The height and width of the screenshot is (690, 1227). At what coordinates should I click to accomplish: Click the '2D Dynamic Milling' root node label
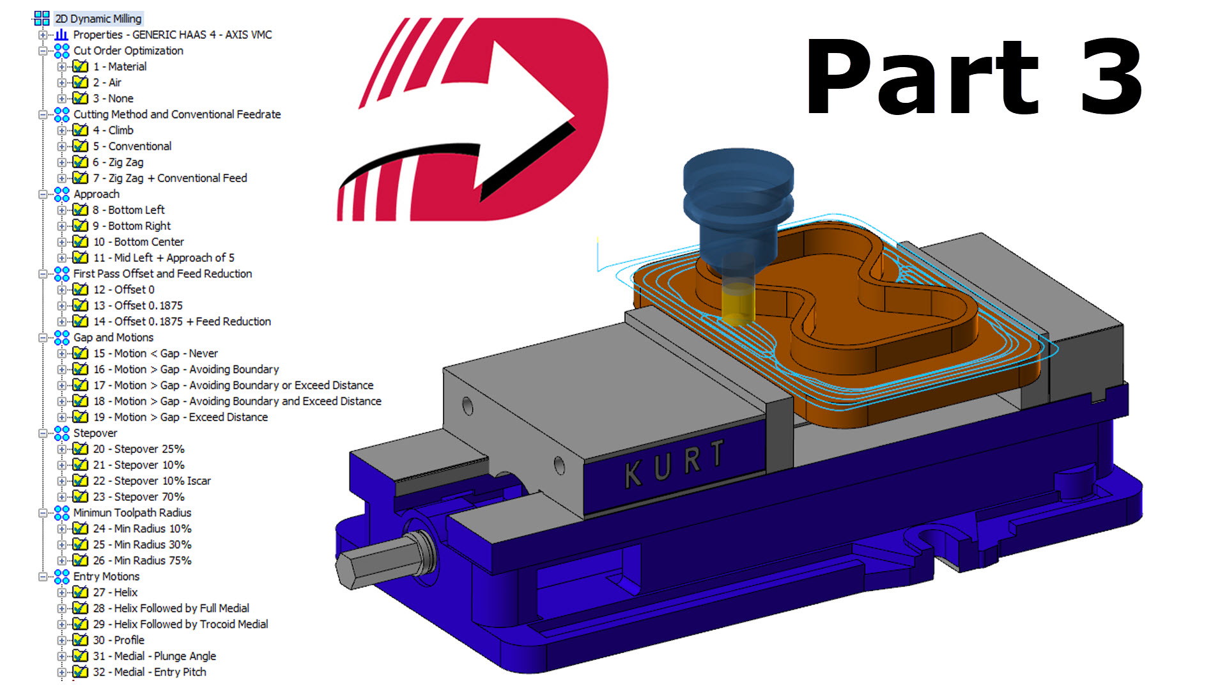(x=98, y=19)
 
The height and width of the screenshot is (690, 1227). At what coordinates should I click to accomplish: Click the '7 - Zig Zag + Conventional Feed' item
(x=169, y=178)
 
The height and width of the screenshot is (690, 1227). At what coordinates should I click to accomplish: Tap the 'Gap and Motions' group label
(x=113, y=337)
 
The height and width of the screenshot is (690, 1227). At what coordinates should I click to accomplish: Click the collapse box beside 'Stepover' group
(x=43, y=433)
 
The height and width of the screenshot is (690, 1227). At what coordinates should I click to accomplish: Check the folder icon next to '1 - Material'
(x=80, y=66)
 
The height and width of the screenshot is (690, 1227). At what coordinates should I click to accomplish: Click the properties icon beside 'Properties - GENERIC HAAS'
(x=61, y=34)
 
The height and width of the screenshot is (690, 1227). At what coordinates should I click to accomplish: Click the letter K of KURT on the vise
(x=633, y=474)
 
